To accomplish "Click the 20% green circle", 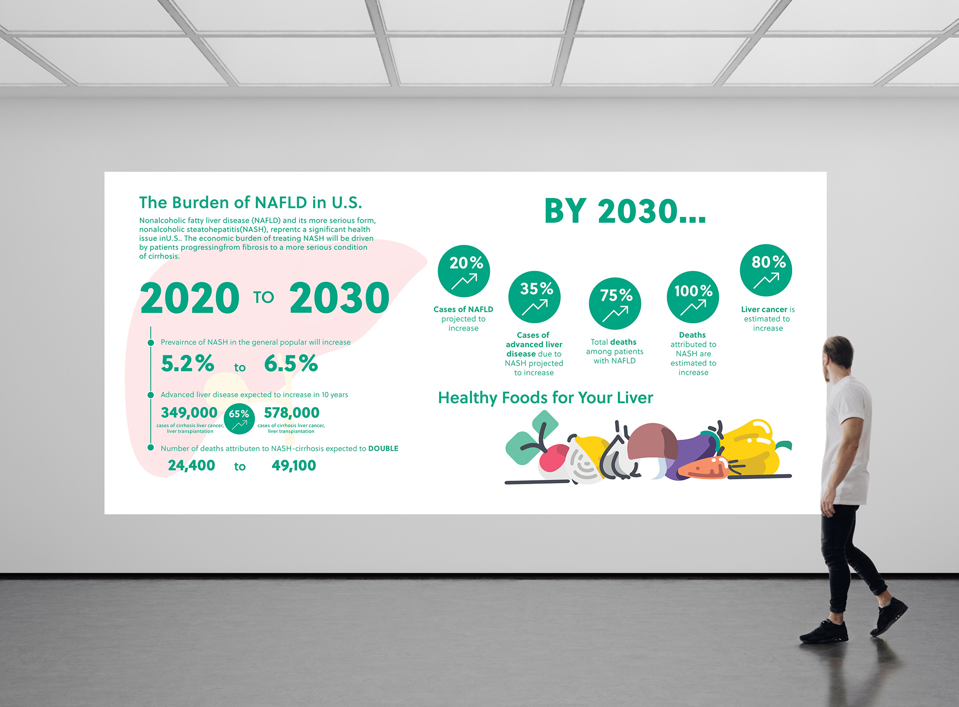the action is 464,271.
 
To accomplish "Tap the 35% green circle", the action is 534,297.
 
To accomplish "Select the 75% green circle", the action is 615,303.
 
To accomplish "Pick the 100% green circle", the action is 693,297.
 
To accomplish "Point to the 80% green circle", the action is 766,270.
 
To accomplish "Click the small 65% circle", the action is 239,419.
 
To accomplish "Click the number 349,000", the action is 189,413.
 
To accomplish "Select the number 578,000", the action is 292,413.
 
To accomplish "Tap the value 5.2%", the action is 187,363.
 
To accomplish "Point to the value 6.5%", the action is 291,363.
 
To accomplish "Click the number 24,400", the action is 191,466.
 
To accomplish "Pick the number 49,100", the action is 294,466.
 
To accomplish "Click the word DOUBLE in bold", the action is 383,449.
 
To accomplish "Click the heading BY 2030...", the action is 625,211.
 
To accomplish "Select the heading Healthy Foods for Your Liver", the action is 545,398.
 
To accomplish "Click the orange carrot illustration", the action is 704,469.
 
